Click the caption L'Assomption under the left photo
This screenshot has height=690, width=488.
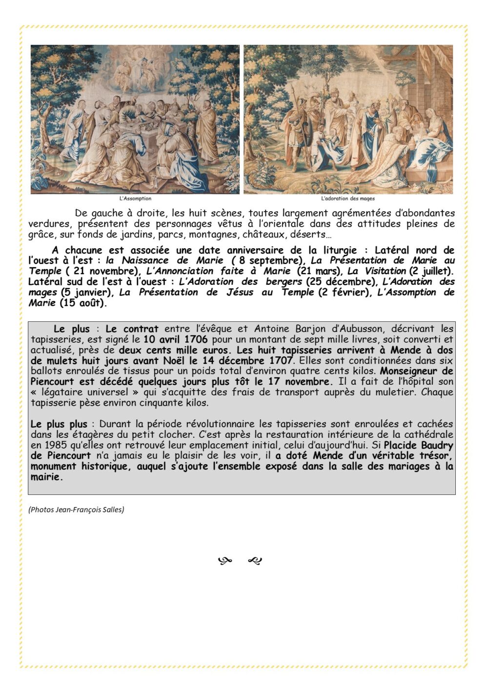[135, 198]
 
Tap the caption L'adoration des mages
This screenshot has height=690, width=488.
[348, 198]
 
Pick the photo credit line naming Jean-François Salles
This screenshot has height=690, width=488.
[76, 510]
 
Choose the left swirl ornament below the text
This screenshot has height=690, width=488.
[224, 561]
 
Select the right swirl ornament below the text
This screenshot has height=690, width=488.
[255, 561]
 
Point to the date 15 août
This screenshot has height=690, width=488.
[82, 303]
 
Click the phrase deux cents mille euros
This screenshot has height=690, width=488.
[173, 350]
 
